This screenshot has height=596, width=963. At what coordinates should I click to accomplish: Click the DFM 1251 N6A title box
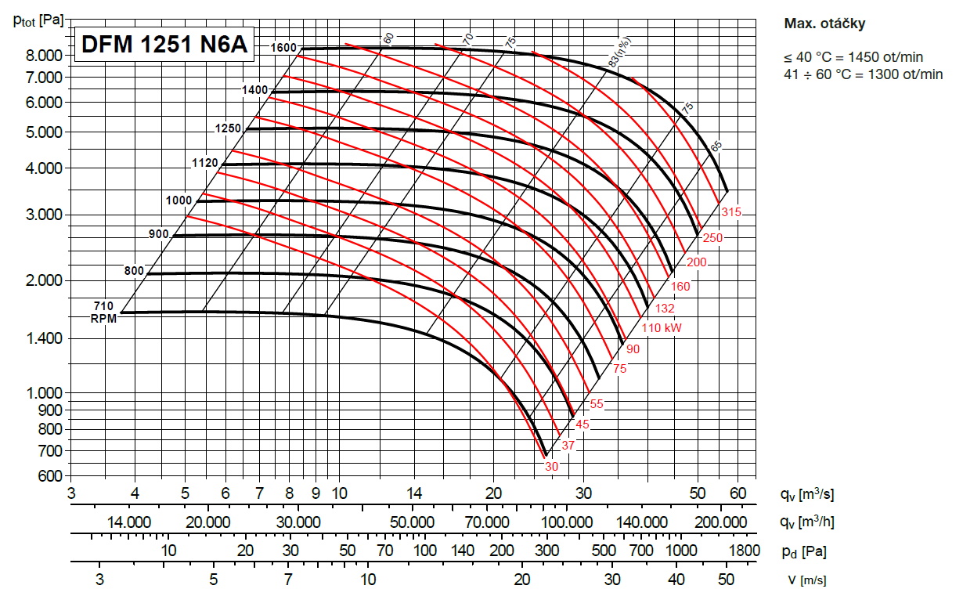pos(164,46)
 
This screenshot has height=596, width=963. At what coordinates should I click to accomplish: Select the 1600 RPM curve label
pos(283,48)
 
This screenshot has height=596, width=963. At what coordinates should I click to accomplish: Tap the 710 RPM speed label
pos(104,305)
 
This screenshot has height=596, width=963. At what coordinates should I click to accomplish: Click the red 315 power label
pos(731,213)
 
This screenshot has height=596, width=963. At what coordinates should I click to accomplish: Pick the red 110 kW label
pos(662,328)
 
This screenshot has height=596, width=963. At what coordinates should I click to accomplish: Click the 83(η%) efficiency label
pos(624,53)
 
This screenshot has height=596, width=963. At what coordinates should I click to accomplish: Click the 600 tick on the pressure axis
pos(51,475)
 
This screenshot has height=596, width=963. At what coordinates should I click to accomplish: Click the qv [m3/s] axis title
pos(806,494)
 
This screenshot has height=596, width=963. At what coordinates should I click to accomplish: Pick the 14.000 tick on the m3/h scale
pos(129,522)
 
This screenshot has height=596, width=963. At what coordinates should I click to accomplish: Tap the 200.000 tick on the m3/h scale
pos(720,522)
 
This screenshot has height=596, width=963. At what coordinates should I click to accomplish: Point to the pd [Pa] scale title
pos(802,551)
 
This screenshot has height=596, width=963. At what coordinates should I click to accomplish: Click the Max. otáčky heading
pos(824,23)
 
